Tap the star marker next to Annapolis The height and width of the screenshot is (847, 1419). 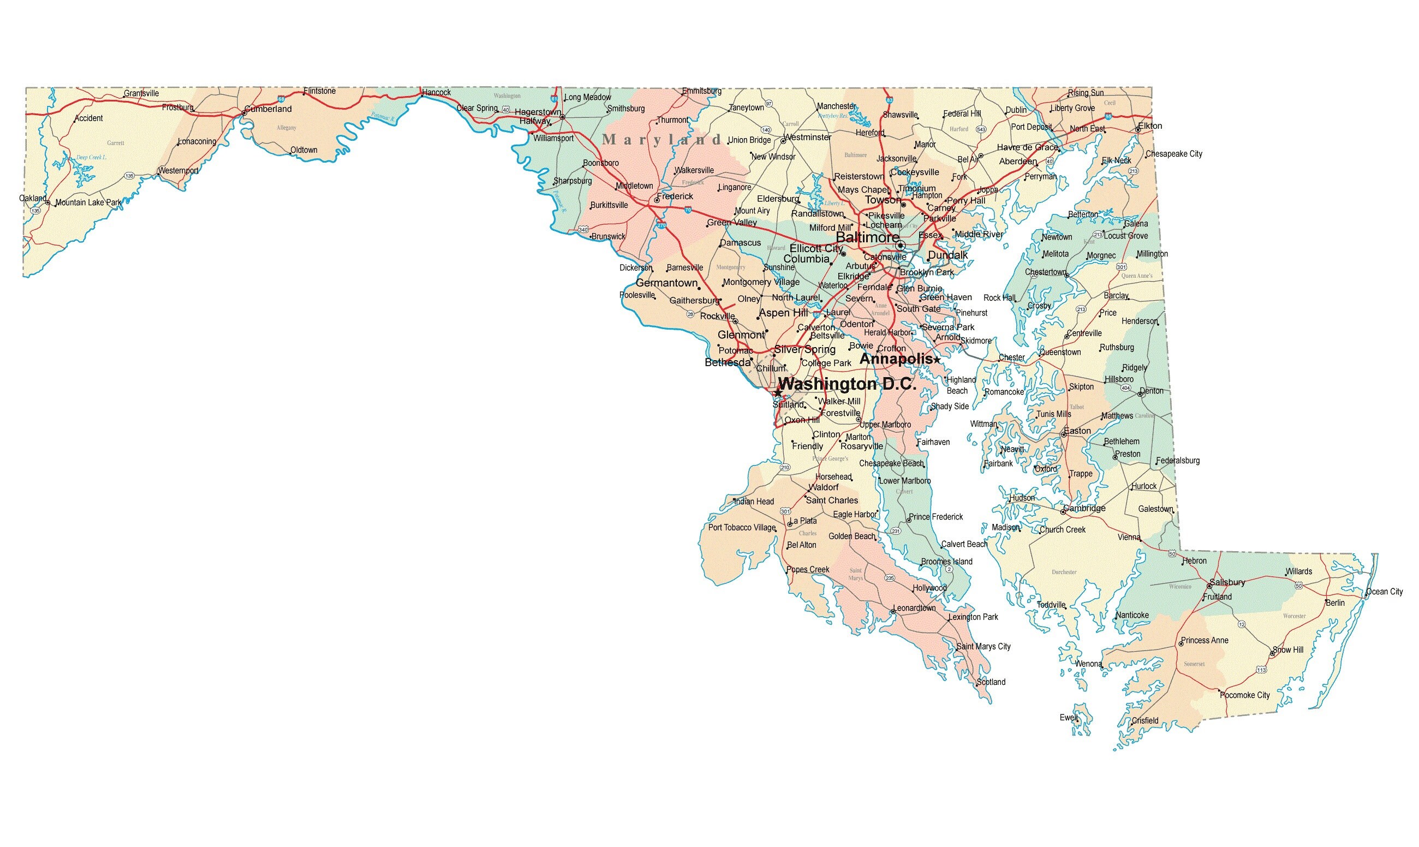pyautogui.click(x=937, y=360)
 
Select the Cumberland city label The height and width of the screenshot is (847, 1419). pyautogui.click(x=268, y=109)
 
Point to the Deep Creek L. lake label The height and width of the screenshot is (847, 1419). pyautogui.click(x=91, y=158)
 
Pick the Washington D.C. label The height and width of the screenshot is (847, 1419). pyautogui.click(x=847, y=384)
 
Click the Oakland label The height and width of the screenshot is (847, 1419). pyautogui.click(x=33, y=198)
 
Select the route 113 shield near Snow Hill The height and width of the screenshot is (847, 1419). pyautogui.click(x=1261, y=670)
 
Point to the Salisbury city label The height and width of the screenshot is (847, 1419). pyautogui.click(x=1227, y=582)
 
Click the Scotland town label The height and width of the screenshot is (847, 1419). pyautogui.click(x=991, y=682)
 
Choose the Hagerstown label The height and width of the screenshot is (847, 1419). pyautogui.click(x=538, y=112)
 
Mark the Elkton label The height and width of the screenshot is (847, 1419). pyautogui.click(x=1149, y=126)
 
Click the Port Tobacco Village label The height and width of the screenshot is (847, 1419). pyautogui.click(x=742, y=527)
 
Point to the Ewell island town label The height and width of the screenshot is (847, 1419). pyautogui.click(x=1069, y=718)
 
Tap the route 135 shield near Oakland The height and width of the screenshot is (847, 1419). pyautogui.click(x=35, y=211)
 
